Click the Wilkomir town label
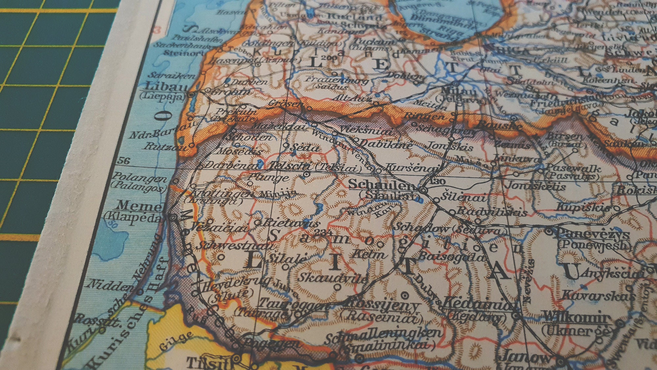click(x=577, y=318)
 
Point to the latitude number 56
click(x=124, y=161)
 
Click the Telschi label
click(x=289, y=166)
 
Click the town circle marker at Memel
click(x=173, y=217)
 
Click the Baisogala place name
click(x=452, y=257)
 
